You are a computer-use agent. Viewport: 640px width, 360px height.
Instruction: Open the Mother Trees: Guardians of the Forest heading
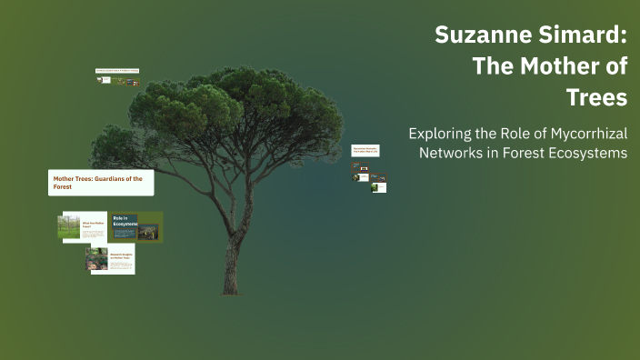point(100,182)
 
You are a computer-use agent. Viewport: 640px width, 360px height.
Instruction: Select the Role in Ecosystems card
point(135,226)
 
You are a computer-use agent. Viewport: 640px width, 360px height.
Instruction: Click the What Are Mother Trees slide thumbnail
point(84,227)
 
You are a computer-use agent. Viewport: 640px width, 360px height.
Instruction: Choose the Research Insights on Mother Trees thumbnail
point(110,260)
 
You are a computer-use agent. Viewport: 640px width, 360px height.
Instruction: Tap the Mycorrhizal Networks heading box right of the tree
point(365,150)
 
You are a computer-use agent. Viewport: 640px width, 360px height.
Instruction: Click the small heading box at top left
point(116,70)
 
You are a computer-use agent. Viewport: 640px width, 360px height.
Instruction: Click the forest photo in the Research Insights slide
point(97,260)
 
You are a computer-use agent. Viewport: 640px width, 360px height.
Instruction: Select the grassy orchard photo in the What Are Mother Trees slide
point(70,227)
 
